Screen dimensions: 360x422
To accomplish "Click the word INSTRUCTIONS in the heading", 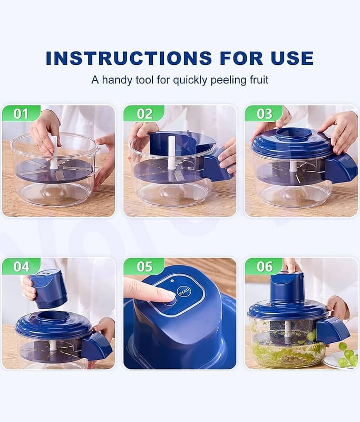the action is (129, 58).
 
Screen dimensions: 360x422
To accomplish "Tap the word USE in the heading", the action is (292, 58).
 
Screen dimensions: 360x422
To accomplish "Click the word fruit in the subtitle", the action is (259, 80).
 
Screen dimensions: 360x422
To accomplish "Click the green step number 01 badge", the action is (21, 113).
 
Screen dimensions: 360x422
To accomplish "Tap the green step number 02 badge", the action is (144, 113).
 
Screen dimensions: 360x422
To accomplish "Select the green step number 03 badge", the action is (264, 113).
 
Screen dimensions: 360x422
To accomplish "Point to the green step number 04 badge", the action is (21, 266).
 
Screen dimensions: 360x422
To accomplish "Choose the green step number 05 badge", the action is (144, 266).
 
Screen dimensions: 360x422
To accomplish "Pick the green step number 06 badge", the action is (264, 266).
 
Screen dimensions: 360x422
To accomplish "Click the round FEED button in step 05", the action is (184, 292).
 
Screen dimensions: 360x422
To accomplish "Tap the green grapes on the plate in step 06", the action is (346, 357).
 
